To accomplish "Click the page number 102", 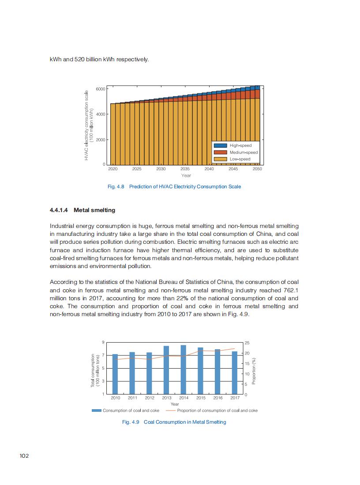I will point(24,455).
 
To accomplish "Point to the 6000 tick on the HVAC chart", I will point(100,89).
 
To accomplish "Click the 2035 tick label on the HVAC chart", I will point(185,169).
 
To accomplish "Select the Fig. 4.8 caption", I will point(174,187).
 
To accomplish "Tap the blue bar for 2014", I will point(183,369).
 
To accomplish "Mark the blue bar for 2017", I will point(235,373).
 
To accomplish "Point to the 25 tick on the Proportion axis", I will point(247,343).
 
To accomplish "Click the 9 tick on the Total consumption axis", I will point(103,343).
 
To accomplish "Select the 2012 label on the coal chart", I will point(150,398).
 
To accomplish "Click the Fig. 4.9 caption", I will point(174,422).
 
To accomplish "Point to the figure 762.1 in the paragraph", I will point(290,290).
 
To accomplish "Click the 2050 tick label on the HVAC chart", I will point(257,169).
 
